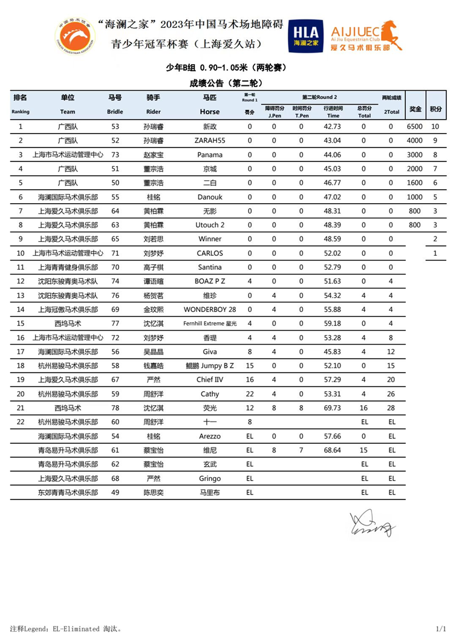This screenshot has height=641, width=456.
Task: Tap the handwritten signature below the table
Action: [x=371, y=524]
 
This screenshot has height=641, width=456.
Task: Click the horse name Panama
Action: [x=210, y=155]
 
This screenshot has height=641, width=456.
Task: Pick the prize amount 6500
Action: [x=414, y=127]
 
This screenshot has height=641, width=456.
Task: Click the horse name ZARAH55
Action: [x=210, y=141]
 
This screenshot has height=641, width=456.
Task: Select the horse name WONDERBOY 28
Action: [x=210, y=309]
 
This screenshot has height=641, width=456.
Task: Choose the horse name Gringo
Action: [x=210, y=478]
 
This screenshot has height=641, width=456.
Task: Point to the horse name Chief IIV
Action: [x=210, y=379]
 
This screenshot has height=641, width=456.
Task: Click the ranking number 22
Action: [x=21, y=421]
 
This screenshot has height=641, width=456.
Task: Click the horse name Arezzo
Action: [x=210, y=436]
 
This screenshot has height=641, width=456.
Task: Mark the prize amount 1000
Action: [x=414, y=197]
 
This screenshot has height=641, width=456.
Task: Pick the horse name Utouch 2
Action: [x=210, y=225]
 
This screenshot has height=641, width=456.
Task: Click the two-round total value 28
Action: [x=391, y=408]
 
